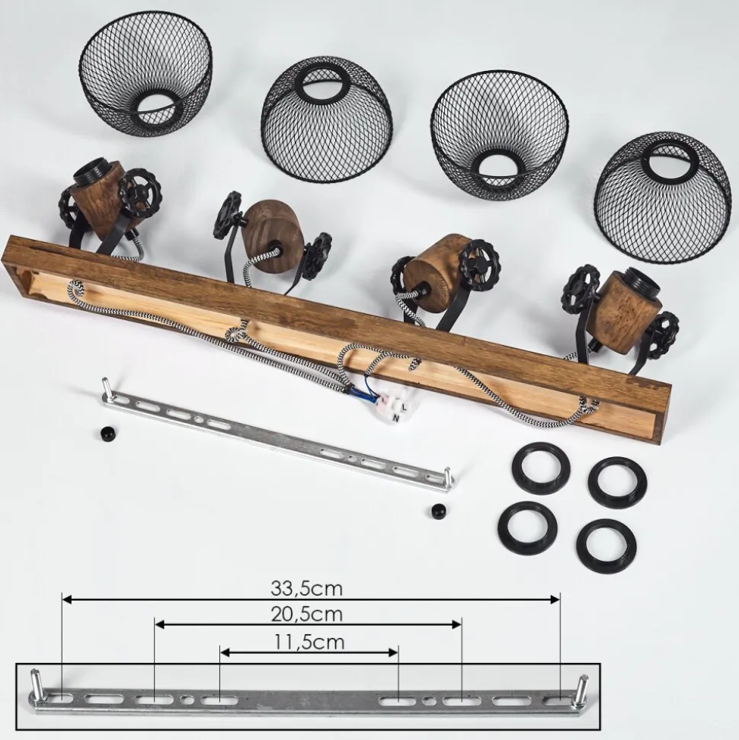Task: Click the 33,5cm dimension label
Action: pyautogui.click(x=306, y=588)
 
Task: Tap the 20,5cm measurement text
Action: pyautogui.click(x=306, y=614)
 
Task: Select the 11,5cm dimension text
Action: pyautogui.click(x=309, y=642)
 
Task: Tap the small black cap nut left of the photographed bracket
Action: pyautogui.click(x=104, y=432)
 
